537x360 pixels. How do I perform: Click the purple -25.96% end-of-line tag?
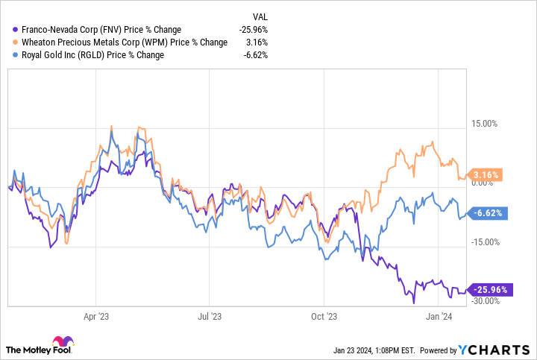point(489,289)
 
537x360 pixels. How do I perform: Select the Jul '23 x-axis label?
point(210,315)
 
